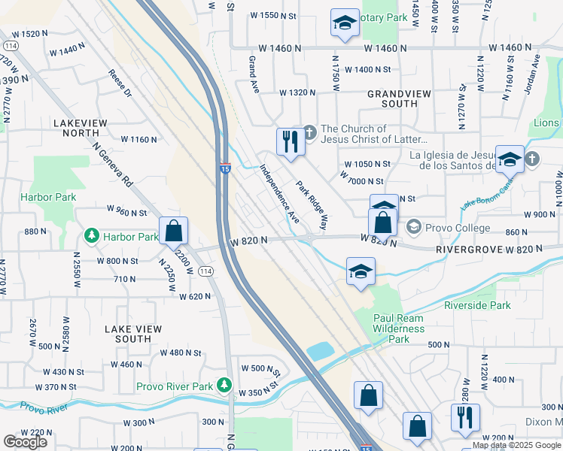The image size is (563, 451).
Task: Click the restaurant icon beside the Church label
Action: (x=289, y=141)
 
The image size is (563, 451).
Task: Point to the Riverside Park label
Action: (x=477, y=305)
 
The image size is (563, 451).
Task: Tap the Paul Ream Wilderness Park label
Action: (x=399, y=328)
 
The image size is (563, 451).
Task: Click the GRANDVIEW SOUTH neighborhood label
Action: (x=391, y=99)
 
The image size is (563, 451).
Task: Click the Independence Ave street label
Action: (x=280, y=194)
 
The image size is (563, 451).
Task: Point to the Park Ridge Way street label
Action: (x=312, y=204)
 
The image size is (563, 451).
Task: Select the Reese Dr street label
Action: (x=120, y=84)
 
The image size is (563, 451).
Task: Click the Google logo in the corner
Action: (x=25, y=441)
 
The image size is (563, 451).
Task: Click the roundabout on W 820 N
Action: (x=309, y=238)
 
